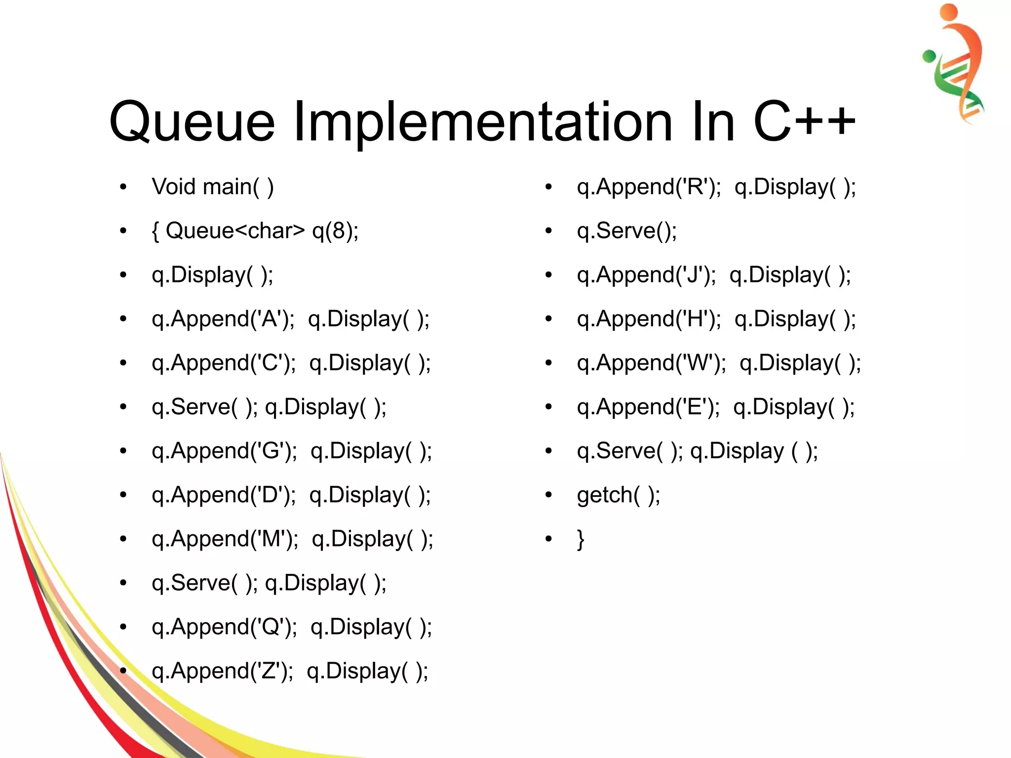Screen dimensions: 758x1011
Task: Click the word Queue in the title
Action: [x=192, y=121]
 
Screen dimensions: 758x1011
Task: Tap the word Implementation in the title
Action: [x=482, y=121]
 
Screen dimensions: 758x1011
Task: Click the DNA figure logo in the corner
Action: [x=956, y=64]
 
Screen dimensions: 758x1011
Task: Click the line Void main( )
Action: [x=212, y=187]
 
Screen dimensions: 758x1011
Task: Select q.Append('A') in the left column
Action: [x=223, y=319]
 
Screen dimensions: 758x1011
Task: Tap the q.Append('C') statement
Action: [x=224, y=363]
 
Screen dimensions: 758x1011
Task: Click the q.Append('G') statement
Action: [x=225, y=451]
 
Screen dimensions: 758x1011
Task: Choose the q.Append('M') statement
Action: [x=225, y=539]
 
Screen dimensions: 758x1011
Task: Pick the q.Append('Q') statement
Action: [x=225, y=627]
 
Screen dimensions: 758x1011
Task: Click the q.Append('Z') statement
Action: [x=223, y=671]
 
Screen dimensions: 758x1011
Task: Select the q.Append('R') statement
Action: [x=649, y=187]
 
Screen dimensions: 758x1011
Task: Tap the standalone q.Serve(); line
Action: [x=626, y=231]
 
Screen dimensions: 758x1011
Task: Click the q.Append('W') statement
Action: [x=651, y=363]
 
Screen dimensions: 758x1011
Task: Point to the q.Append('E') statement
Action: [x=648, y=407]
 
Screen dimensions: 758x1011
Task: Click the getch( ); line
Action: [x=618, y=495]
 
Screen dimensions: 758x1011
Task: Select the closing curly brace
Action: [x=581, y=539]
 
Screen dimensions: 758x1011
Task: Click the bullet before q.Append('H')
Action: [x=548, y=319]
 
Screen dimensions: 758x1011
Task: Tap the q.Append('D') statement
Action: [x=224, y=495]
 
